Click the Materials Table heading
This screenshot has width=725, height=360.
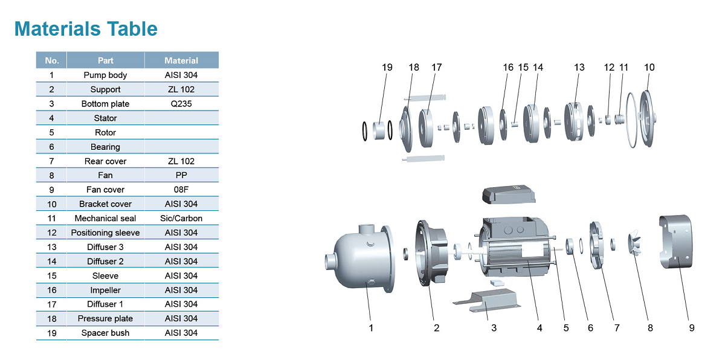click(x=86, y=28)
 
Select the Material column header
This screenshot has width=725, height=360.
click(x=181, y=60)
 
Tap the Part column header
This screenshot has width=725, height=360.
click(x=106, y=60)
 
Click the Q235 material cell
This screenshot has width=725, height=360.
click(x=181, y=104)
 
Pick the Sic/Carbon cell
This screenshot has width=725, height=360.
click(x=181, y=218)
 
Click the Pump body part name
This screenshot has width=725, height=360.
click(x=106, y=76)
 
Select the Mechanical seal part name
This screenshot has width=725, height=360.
click(x=106, y=218)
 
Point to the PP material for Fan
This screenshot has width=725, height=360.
click(x=181, y=175)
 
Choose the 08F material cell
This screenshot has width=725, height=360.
click(x=181, y=190)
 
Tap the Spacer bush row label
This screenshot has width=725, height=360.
click(x=106, y=333)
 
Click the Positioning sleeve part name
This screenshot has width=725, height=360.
click(x=106, y=233)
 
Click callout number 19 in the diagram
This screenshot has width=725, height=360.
click(x=387, y=68)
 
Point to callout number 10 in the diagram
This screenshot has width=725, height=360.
click(x=649, y=68)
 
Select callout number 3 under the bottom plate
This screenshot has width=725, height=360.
click(x=494, y=328)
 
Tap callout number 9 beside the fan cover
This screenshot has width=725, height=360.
click(x=692, y=328)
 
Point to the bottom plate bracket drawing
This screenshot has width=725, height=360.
click(x=487, y=301)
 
